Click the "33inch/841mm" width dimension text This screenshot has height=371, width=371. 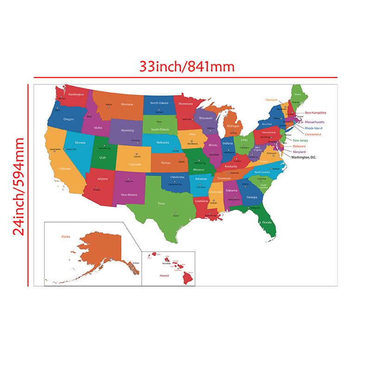(x=187, y=67)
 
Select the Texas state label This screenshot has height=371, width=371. (x=161, y=203)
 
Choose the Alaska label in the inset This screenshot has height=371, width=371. (x=65, y=237)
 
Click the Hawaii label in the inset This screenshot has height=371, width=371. (x=164, y=275)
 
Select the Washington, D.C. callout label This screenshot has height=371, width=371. (x=304, y=158)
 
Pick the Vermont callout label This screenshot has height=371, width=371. (x=271, y=100)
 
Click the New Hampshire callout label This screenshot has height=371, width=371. (x=315, y=113)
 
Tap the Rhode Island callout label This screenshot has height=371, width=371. (x=313, y=128)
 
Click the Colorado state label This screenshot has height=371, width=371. (x=135, y=164)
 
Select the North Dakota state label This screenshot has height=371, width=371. (x=159, y=103)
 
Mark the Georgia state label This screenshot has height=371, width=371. (x=252, y=197)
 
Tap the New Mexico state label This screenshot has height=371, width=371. (x=129, y=195)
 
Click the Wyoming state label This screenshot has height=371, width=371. (x=127, y=130)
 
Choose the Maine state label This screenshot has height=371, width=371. (x=298, y=95)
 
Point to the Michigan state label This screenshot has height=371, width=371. (x=233, y=126)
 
